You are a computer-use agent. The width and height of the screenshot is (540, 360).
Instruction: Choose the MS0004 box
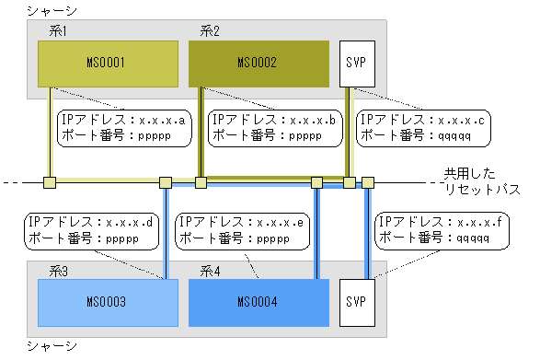click(x=258, y=302)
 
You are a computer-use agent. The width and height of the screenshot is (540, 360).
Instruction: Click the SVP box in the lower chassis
click(x=352, y=302)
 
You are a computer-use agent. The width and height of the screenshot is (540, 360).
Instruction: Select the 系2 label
click(x=210, y=31)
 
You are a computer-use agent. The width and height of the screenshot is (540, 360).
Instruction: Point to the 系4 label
click(x=210, y=271)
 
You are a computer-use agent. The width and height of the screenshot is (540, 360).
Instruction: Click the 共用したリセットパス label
click(x=481, y=181)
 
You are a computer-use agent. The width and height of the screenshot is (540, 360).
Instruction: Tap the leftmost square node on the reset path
click(x=51, y=182)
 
